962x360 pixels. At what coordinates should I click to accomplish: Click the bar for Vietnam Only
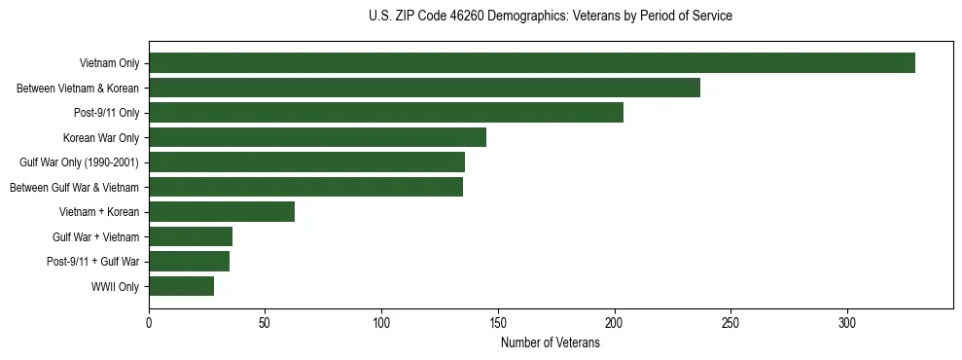click(x=531, y=63)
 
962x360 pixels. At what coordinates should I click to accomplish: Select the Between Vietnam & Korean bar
click(x=424, y=88)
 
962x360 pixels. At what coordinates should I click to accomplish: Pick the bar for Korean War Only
click(x=317, y=137)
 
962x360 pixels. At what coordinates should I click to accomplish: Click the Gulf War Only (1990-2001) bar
click(x=306, y=162)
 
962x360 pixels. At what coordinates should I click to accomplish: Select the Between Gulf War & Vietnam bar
click(x=305, y=187)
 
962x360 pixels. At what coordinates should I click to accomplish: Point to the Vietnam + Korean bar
click(x=222, y=212)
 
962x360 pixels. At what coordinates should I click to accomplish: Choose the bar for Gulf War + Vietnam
click(x=191, y=236)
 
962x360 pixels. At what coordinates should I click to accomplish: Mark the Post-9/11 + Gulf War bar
click(x=189, y=262)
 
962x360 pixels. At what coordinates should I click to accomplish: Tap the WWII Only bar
click(x=181, y=286)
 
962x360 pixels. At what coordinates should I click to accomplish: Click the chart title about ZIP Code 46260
click(x=551, y=16)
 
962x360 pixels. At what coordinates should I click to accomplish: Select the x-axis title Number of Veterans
click(x=551, y=342)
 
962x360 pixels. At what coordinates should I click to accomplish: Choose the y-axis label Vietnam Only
click(x=109, y=64)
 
